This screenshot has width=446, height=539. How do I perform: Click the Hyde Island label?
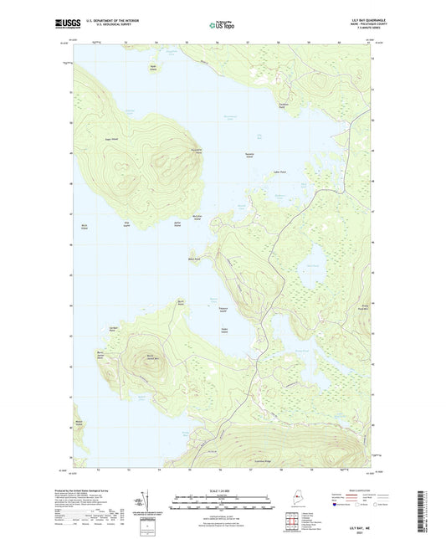point(152,67)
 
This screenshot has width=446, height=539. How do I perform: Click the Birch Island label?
point(85,225)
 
